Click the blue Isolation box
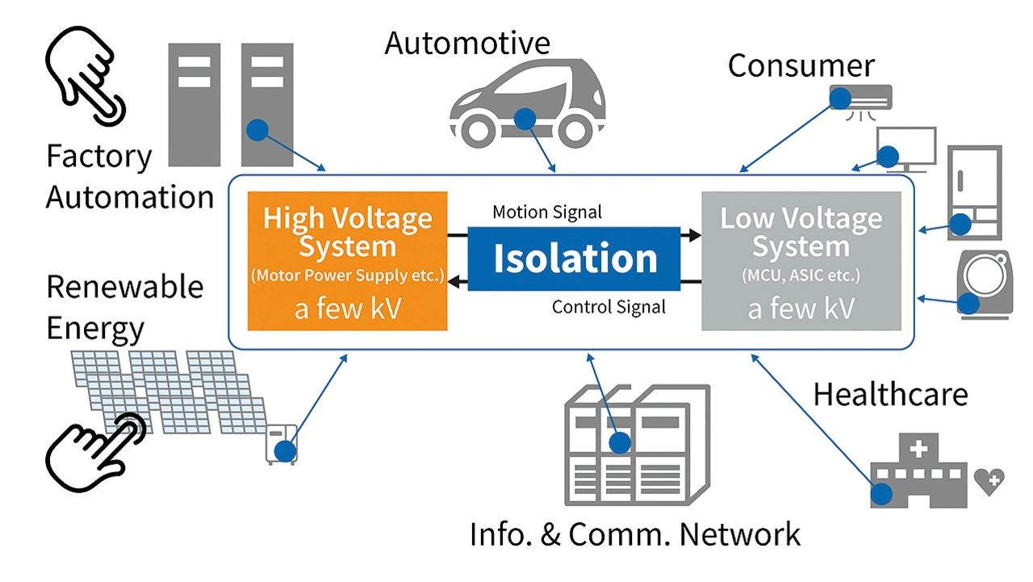[x=574, y=258]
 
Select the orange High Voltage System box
[x=347, y=261]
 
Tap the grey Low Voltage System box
[x=801, y=261]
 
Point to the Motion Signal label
[x=547, y=213]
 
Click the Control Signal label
[x=609, y=307]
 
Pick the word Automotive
[x=467, y=44]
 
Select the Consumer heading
[x=801, y=66]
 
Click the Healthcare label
[x=889, y=395]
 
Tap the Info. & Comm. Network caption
[x=635, y=534]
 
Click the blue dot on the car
[x=525, y=119]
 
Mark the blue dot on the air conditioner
[x=840, y=98]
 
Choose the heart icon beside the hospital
[x=989, y=480]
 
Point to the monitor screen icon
[x=906, y=148]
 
